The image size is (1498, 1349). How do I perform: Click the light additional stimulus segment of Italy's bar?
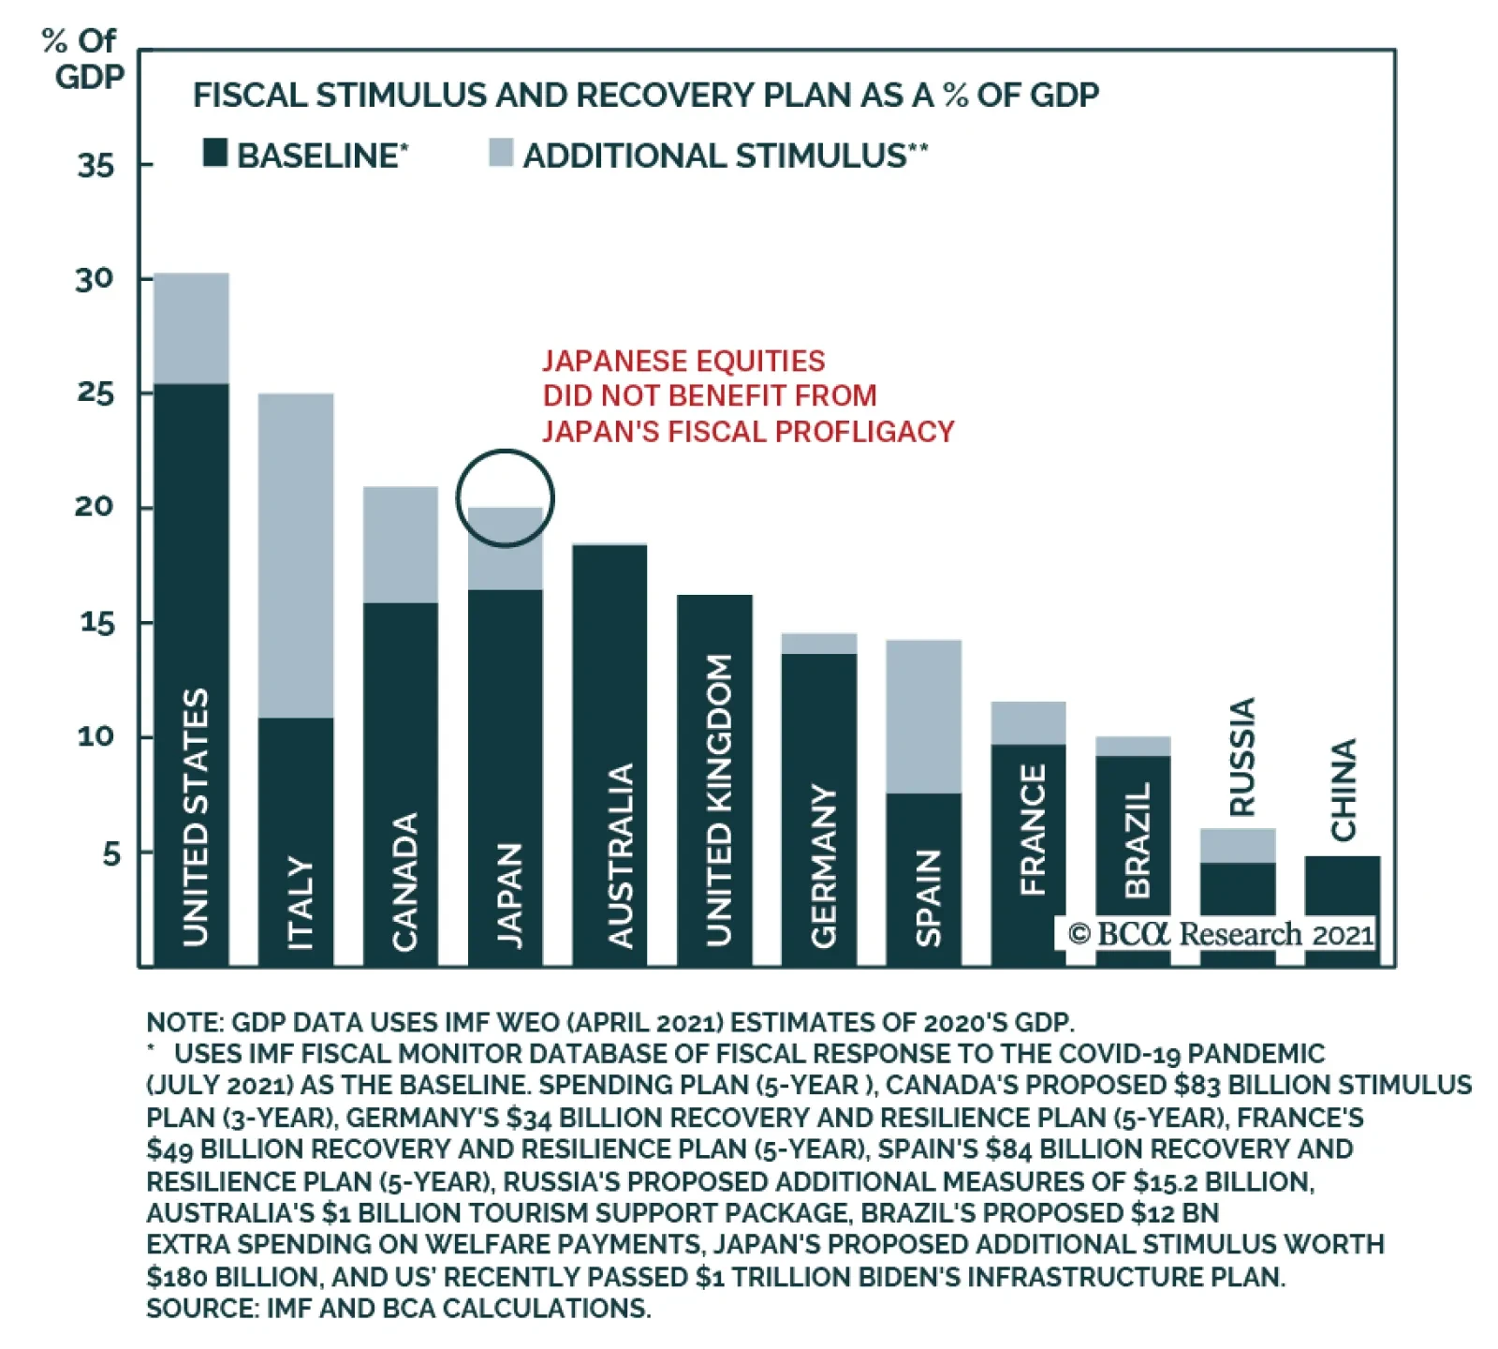(296, 555)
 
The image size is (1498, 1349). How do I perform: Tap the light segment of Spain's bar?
(924, 717)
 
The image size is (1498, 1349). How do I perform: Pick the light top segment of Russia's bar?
(1238, 845)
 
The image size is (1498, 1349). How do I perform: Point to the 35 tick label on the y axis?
(95, 166)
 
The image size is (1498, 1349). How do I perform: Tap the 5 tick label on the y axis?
(111, 853)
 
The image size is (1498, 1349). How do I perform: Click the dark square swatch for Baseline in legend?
(215, 153)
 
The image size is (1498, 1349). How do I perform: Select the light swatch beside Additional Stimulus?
(501, 153)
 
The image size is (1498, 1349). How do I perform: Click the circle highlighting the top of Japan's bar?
(506, 497)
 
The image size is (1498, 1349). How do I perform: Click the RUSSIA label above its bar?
(1241, 756)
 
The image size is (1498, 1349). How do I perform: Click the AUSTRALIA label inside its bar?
(620, 854)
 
